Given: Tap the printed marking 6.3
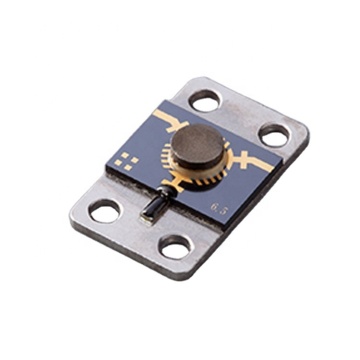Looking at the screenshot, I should pos(218,207).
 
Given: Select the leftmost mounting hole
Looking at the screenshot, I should pos(104,210).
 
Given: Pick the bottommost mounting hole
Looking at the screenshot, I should pos(176,247).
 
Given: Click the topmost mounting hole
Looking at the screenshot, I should pos(204,99).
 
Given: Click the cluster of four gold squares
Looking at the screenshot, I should pos(126,158).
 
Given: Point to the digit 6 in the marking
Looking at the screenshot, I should pos(214,206).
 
